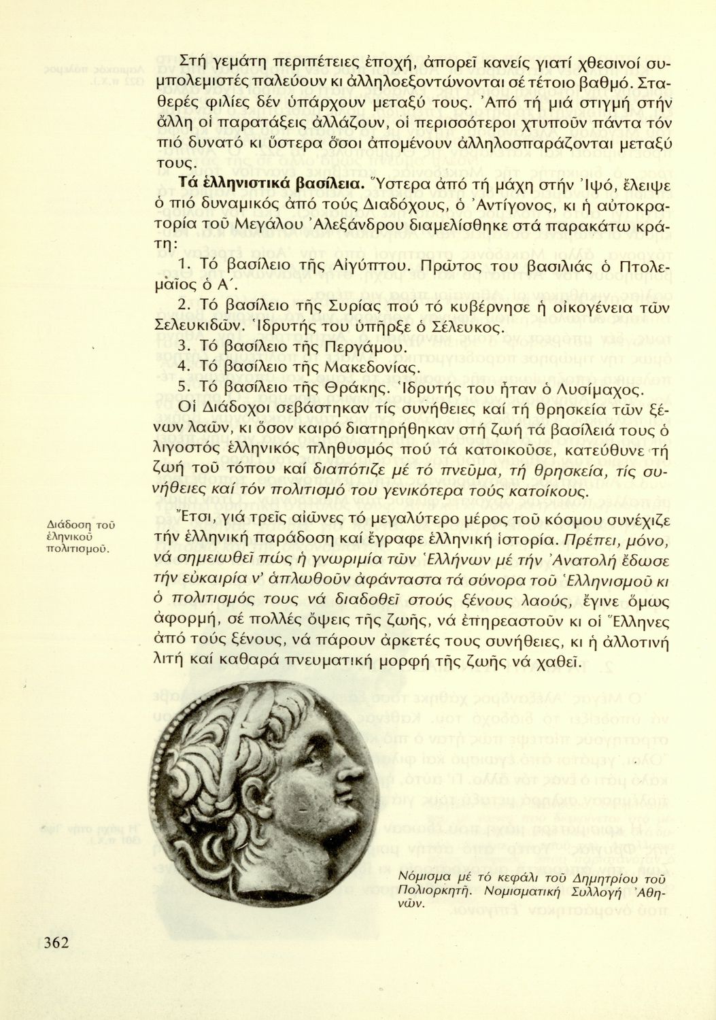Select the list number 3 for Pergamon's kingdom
(182, 347)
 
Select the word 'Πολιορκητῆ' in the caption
(426, 890)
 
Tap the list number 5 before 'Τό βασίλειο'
(182, 388)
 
